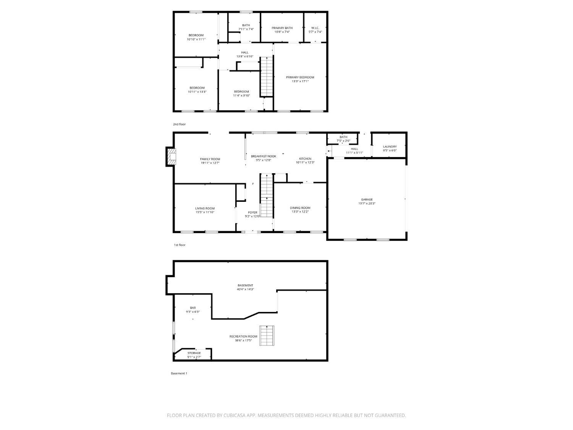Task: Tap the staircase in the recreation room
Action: tap(267, 336)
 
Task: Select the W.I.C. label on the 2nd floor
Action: tap(315, 28)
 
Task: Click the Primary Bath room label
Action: tap(282, 28)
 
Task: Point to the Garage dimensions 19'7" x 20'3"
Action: tap(367, 204)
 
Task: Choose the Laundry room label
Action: tap(390, 146)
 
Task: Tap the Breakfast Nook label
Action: tap(263, 156)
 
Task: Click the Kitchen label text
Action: tap(305, 159)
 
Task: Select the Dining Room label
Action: tap(300, 208)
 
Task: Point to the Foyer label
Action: tap(253, 213)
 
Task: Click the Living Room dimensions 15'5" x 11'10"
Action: tap(205, 212)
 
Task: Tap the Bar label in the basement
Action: tap(193, 308)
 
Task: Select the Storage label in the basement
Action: tap(194, 353)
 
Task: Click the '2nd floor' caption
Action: tap(179, 124)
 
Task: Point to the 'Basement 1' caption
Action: tap(179, 373)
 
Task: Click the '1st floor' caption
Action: tap(180, 245)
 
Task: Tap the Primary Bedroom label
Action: tap(300, 77)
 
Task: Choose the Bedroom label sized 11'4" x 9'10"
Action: tap(241, 91)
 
